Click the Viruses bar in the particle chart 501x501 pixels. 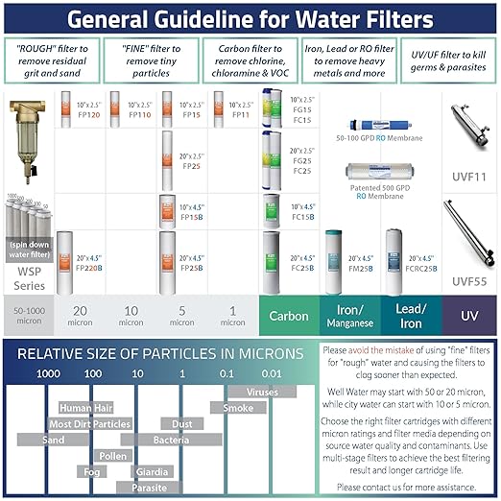[262, 392]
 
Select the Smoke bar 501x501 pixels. [238, 408]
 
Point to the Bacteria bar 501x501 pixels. [177, 440]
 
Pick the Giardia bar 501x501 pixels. [152, 471]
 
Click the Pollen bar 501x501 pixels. [112, 456]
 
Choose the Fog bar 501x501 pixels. [91, 471]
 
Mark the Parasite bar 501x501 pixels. [149, 488]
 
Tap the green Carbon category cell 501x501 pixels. [288, 315]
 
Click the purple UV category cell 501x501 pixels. [469, 315]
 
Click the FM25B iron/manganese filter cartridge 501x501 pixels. [336, 261]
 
